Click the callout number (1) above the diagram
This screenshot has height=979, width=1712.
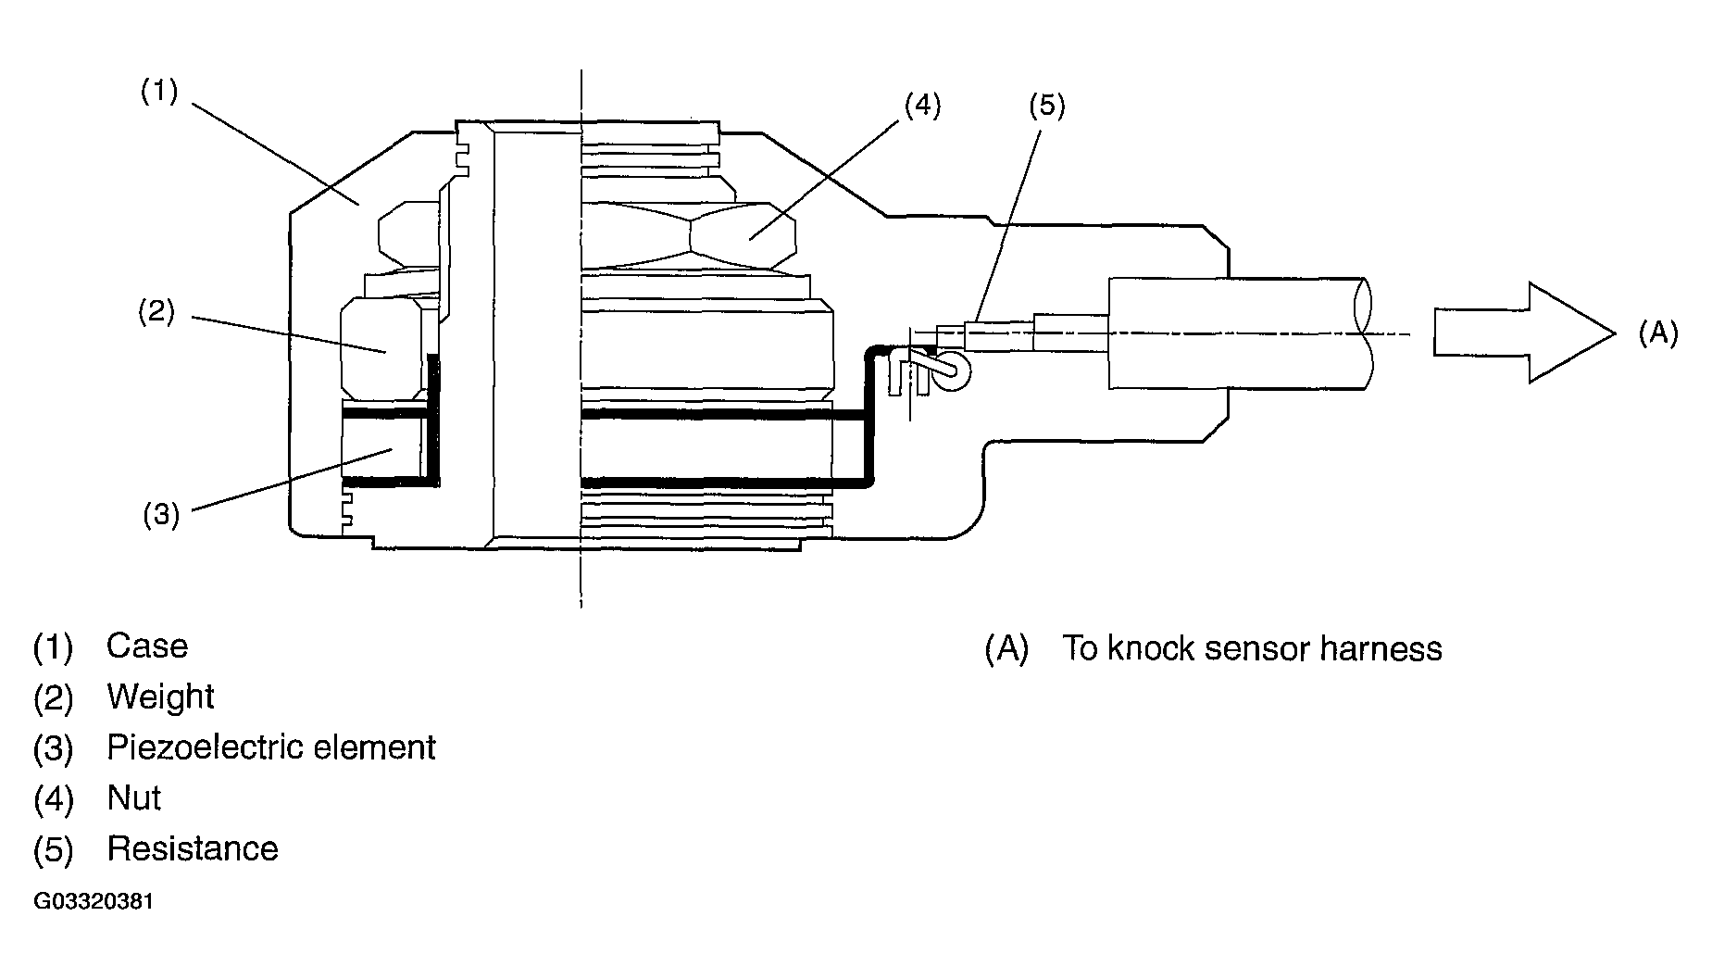coord(158,92)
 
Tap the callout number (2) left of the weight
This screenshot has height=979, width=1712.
coord(156,312)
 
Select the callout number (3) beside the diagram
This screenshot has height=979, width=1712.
coord(161,514)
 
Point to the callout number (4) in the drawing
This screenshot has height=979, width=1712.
coord(921,106)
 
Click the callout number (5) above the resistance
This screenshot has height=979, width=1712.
coord(1047,106)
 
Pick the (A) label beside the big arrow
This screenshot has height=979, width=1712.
coord(1657,333)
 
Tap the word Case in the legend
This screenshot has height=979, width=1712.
coord(146,646)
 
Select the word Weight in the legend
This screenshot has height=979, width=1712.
coord(160,697)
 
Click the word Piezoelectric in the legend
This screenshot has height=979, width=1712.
coord(205,747)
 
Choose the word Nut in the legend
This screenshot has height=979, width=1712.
coord(133,797)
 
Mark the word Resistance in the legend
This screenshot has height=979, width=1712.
coord(193,848)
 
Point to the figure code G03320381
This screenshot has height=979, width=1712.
coord(94,901)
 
